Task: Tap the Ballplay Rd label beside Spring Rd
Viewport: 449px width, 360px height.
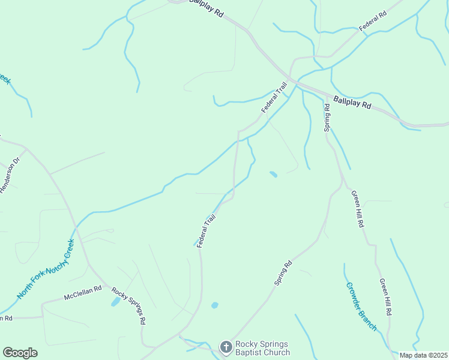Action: (352, 102)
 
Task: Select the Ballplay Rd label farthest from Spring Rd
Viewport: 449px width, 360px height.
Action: (206, 8)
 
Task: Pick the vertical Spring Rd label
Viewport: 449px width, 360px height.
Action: (327, 118)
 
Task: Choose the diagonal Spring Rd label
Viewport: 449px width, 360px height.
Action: (283, 272)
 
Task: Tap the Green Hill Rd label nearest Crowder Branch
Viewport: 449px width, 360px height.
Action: (385, 297)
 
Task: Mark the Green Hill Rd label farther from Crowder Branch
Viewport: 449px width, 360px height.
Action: (358, 209)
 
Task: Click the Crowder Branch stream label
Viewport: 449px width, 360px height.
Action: (361, 307)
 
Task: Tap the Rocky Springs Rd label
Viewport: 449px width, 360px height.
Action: (128, 305)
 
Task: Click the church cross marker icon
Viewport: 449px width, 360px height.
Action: (226, 347)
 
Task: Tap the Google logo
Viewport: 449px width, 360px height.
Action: (20, 353)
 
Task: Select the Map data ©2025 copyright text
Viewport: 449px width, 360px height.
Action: (424, 355)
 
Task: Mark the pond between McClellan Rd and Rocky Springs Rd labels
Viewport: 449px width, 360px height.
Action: (115, 302)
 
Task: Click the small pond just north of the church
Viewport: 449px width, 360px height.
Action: (214, 305)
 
